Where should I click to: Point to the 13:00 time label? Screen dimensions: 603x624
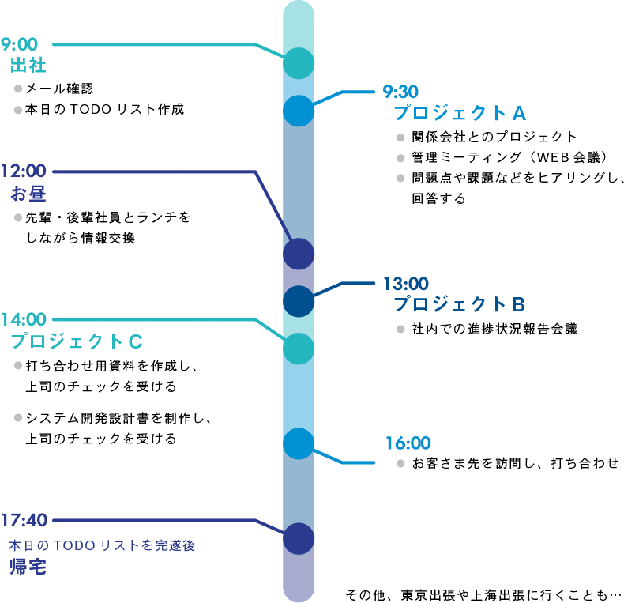(x=405, y=283)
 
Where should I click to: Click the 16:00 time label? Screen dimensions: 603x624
(x=408, y=443)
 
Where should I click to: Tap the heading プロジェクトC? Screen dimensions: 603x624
(x=77, y=341)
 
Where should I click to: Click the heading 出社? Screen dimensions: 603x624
(x=28, y=66)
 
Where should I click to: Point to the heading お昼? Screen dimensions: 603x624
(x=28, y=194)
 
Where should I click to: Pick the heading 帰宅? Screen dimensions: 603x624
(x=28, y=567)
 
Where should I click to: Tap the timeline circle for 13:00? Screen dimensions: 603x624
(x=299, y=301)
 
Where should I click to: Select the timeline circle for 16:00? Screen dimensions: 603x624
(x=299, y=444)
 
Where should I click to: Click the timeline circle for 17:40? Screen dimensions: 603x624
(x=299, y=539)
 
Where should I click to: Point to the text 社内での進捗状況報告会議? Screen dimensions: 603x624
(x=494, y=329)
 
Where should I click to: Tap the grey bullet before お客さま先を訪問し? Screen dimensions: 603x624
(x=400, y=463)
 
